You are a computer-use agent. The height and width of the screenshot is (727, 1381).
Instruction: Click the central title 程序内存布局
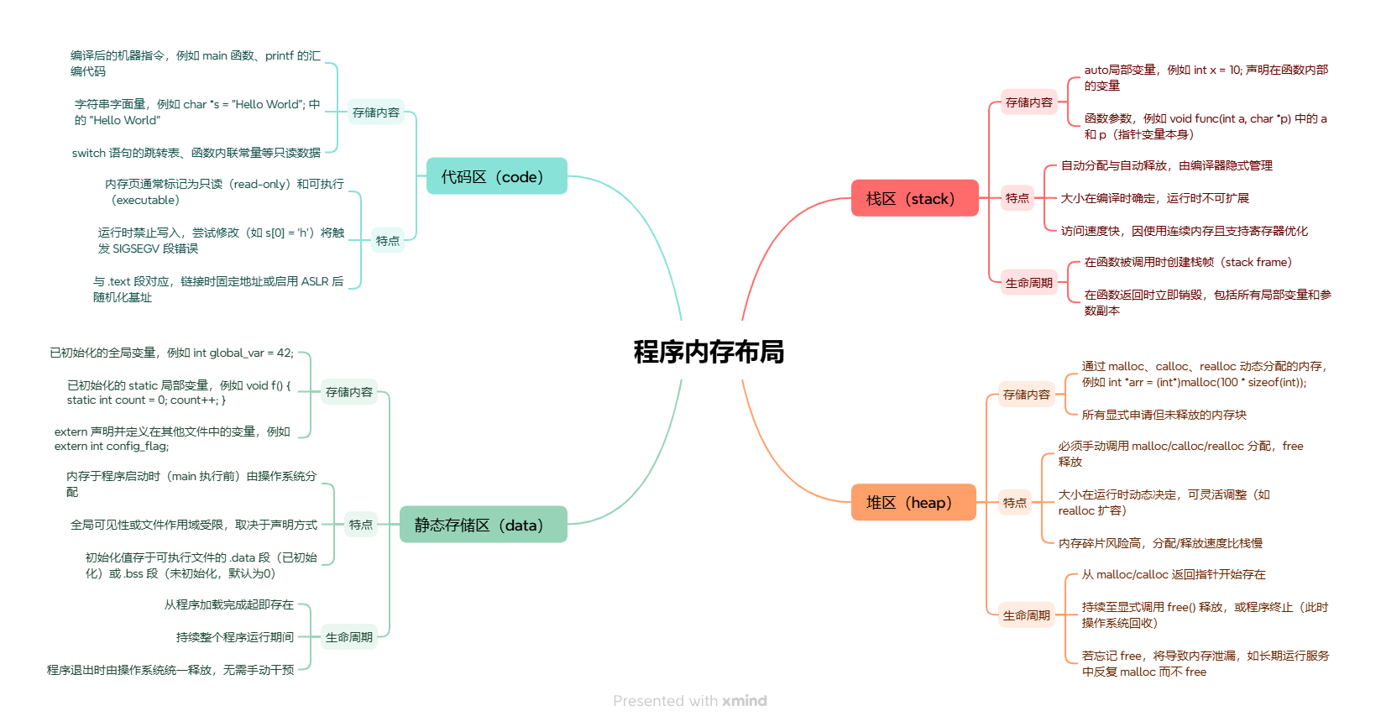pyautogui.click(x=709, y=352)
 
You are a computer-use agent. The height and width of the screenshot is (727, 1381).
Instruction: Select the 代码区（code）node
pyautogui.click(x=496, y=176)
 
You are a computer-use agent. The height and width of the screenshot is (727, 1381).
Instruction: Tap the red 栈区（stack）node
pyautogui.click(x=914, y=199)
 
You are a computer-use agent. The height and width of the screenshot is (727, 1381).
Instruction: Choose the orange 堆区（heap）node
pyautogui.click(x=913, y=503)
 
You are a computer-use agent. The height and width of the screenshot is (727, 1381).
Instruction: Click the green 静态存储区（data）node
pyautogui.click(x=483, y=525)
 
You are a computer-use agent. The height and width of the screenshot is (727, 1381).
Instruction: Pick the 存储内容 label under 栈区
pyautogui.click(x=1028, y=102)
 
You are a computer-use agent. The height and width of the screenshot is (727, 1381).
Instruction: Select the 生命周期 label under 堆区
pyautogui.click(x=1026, y=615)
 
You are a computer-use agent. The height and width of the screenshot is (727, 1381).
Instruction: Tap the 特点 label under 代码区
pyautogui.click(x=387, y=241)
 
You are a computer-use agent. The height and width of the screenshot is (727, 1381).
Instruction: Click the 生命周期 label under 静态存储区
pyautogui.click(x=348, y=637)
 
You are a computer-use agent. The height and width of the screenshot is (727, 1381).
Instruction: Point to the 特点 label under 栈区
pyautogui.click(x=1017, y=198)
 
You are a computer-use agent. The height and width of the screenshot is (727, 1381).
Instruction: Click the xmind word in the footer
pyautogui.click(x=745, y=701)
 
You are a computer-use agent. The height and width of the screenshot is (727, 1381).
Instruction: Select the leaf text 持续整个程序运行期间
pyautogui.click(x=235, y=637)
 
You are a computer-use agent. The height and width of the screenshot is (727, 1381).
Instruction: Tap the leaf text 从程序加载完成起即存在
pyautogui.click(x=229, y=604)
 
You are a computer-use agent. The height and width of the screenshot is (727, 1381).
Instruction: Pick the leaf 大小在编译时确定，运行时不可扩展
pyautogui.click(x=1154, y=198)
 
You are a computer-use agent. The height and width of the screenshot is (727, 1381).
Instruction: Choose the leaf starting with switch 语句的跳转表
pyautogui.click(x=196, y=153)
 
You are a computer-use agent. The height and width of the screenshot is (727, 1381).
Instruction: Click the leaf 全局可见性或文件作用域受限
pyautogui.click(x=194, y=525)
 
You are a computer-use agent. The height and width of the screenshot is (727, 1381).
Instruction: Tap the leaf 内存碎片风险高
pyautogui.click(x=1160, y=543)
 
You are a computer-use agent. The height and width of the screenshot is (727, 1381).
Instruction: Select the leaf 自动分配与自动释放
pyautogui.click(x=1166, y=165)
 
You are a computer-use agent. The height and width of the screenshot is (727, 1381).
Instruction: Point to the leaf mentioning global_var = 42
pyautogui.click(x=171, y=353)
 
